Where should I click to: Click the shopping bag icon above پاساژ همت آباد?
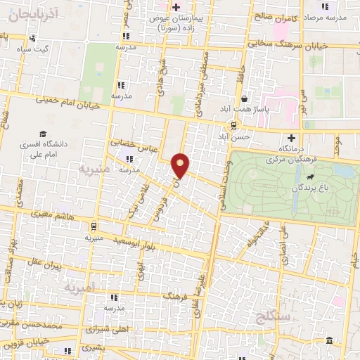(x=243, y=98)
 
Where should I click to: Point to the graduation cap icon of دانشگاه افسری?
(x=44, y=134)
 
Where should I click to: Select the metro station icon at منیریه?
(x=92, y=226)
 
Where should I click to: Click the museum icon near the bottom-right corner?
(x=329, y=341)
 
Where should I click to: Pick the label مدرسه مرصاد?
(x=336, y=15)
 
